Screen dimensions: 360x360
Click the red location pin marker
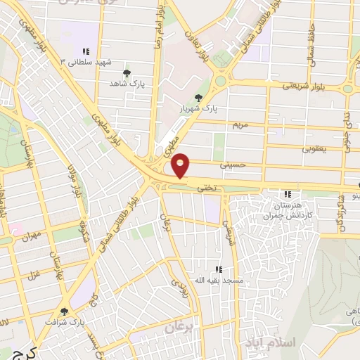pos(181,165)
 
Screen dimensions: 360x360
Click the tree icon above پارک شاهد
pos(127,73)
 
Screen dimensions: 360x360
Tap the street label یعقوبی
pos(314,148)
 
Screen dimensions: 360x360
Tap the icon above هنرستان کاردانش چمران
pos(287,194)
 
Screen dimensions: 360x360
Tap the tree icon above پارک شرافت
pos(65,311)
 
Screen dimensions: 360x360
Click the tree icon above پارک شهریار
pos(199,98)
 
